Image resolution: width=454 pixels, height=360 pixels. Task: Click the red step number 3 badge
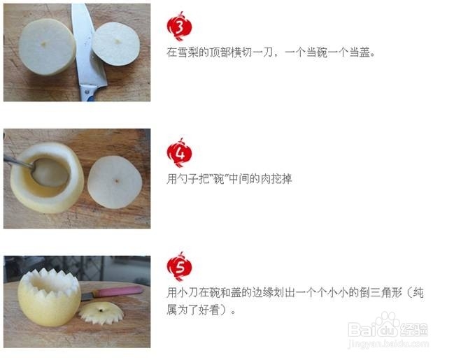tap(179, 27)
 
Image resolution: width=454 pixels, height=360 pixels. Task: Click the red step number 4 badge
tap(179, 153)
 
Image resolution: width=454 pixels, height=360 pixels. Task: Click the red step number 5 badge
tap(179, 266)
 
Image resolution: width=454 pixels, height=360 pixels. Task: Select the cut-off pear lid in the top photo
tap(115, 43)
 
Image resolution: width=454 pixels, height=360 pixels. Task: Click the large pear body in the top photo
tap(47, 47)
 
